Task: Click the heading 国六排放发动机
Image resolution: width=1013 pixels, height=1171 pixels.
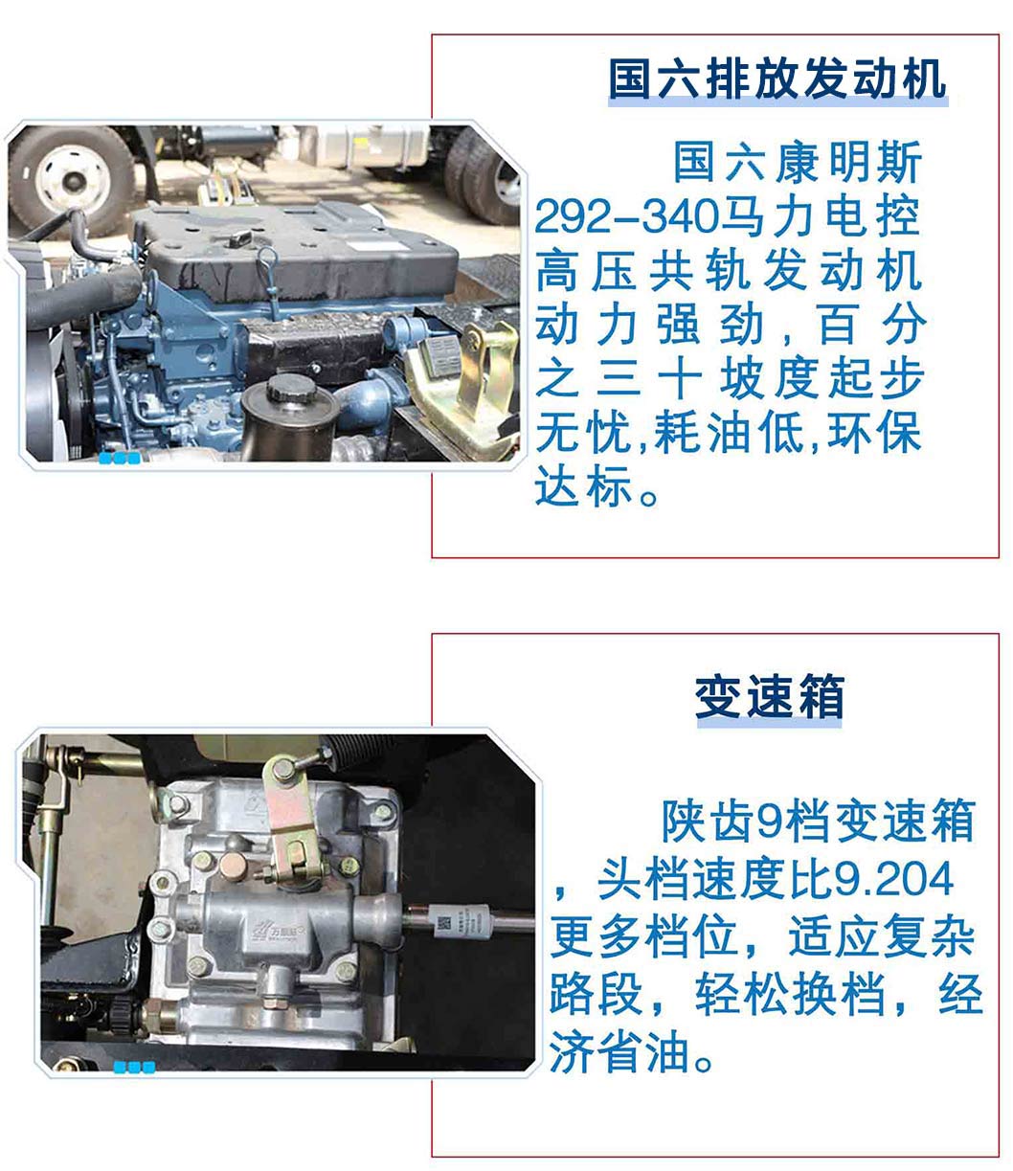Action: (x=777, y=79)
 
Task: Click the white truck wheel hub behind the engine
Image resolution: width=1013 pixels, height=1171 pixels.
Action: (x=73, y=177)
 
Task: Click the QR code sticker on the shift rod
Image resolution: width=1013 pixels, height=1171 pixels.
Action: (x=444, y=924)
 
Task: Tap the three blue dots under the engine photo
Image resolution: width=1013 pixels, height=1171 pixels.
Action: (x=119, y=459)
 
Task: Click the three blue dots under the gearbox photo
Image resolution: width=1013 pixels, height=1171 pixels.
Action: (x=134, y=1068)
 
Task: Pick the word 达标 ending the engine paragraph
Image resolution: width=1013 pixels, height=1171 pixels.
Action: (x=583, y=486)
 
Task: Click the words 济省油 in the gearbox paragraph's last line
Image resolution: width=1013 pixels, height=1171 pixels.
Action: (x=619, y=1051)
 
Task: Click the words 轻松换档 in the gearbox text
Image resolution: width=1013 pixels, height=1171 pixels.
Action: (x=790, y=994)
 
